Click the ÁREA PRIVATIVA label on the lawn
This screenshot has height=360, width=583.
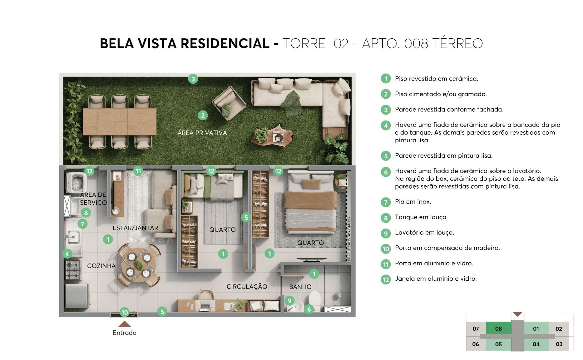202,133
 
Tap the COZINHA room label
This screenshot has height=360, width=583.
101,266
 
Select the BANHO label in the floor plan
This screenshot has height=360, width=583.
300,287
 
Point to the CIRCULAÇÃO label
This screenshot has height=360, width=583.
247,287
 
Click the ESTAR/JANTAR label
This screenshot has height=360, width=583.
135,228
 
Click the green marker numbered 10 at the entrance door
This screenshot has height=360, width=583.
124,312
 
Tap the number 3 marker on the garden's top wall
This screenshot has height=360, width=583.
193,79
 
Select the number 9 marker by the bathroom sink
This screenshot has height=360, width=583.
289,301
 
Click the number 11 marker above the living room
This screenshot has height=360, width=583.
138,171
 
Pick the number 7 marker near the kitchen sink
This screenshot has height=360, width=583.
82,224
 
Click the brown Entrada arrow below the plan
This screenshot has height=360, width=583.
124,324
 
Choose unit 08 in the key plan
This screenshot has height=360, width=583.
498,329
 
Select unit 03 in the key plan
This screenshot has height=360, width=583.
559,344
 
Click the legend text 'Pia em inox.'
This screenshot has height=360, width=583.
413,202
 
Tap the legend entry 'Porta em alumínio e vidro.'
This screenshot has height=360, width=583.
434,263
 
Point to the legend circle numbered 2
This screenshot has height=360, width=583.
386,94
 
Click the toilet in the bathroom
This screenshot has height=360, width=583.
314,301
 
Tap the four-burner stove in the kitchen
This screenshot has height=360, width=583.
73,269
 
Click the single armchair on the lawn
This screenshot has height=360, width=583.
229,103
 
